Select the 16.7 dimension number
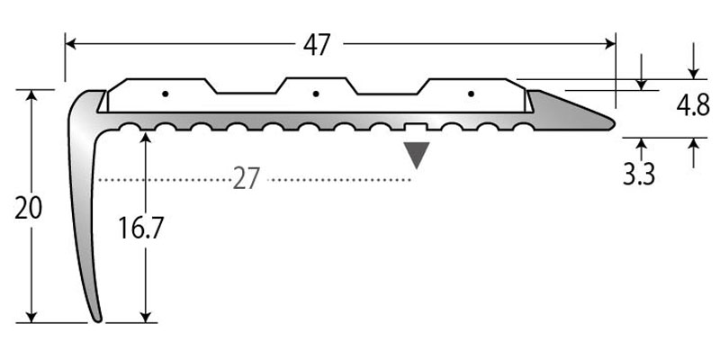click(x=141, y=229)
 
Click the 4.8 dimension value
click(x=692, y=107)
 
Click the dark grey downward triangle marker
click(x=415, y=155)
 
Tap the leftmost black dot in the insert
click(x=165, y=94)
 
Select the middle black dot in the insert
click(x=315, y=94)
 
